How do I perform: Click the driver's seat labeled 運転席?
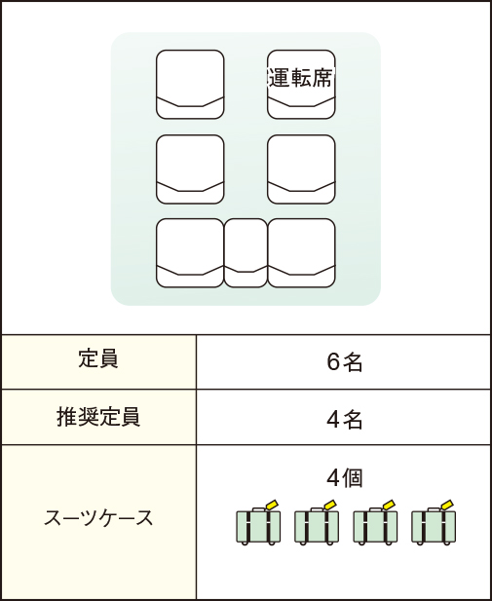pos(301,85)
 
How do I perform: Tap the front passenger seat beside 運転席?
pos(190,85)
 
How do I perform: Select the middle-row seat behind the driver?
pos(301,169)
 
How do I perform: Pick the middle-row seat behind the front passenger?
pos(190,169)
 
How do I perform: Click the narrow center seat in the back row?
pos(246,253)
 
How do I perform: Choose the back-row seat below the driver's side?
pos(301,253)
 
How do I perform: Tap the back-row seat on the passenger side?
pos(190,253)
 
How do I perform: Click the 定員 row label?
pos(98,359)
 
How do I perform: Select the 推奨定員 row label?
pos(98,417)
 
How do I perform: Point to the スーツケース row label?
pos(98,518)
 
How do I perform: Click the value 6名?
pos(344,362)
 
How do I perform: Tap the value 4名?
pos(344,420)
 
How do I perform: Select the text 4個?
pos(344,478)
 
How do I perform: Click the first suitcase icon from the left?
pos(258,524)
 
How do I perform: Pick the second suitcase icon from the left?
pos(317,524)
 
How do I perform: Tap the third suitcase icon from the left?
pos(375,524)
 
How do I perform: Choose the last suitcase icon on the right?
pos(434,524)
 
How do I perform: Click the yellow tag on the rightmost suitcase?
pos(447,505)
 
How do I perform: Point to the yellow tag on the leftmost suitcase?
pos(272,505)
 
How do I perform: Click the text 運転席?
pos(300,78)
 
